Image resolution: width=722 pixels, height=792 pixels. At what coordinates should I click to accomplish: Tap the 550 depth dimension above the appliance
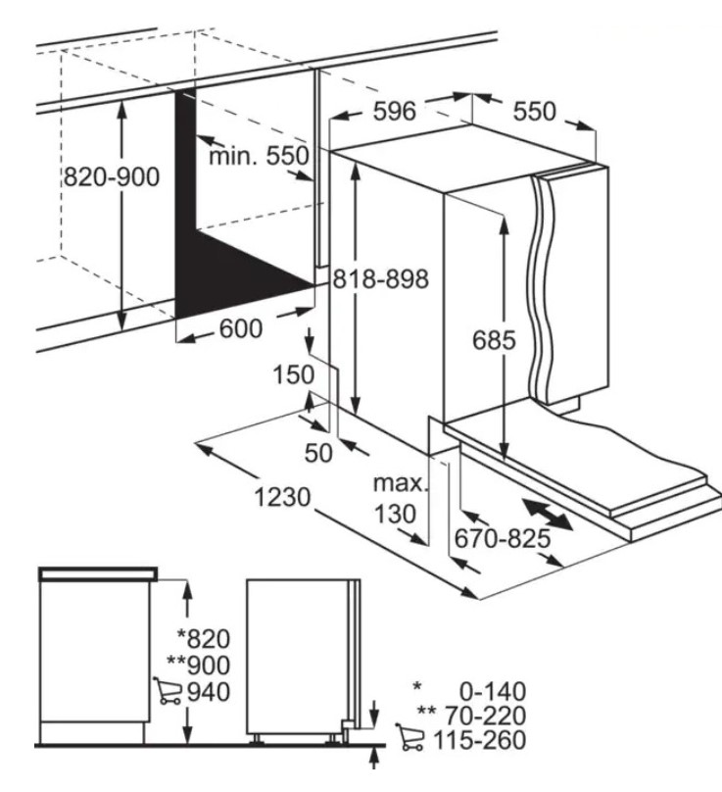pyautogui.click(x=534, y=112)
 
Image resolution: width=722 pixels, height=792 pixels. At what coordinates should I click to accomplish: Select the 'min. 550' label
pyautogui.click(x=258, y=156)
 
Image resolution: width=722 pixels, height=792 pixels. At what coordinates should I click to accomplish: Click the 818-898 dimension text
pyautogui.click(x=380, y=279)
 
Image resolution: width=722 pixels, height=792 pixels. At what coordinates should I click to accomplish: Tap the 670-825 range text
pyautogui.click(x=502, y=537)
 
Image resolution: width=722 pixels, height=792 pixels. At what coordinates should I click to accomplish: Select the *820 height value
pyautogui.click(x=203, y=639)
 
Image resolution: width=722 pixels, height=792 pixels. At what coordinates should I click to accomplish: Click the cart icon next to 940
pyautogui.click(x=166, y=692)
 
